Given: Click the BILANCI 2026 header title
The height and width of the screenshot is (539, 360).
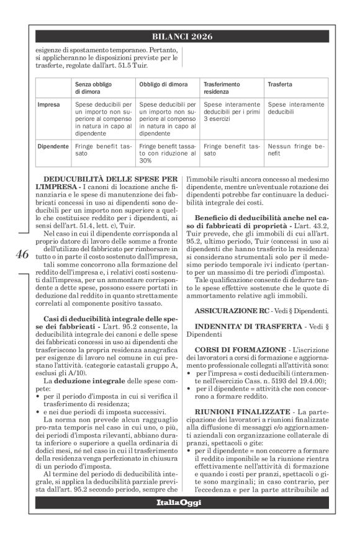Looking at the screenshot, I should click(179, 37).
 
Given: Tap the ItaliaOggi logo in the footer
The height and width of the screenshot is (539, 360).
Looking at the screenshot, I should click(179, 501).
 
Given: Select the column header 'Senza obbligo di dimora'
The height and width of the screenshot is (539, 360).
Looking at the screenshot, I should click(95, 86).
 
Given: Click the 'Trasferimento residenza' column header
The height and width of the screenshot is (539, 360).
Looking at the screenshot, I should click(225, 86).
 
